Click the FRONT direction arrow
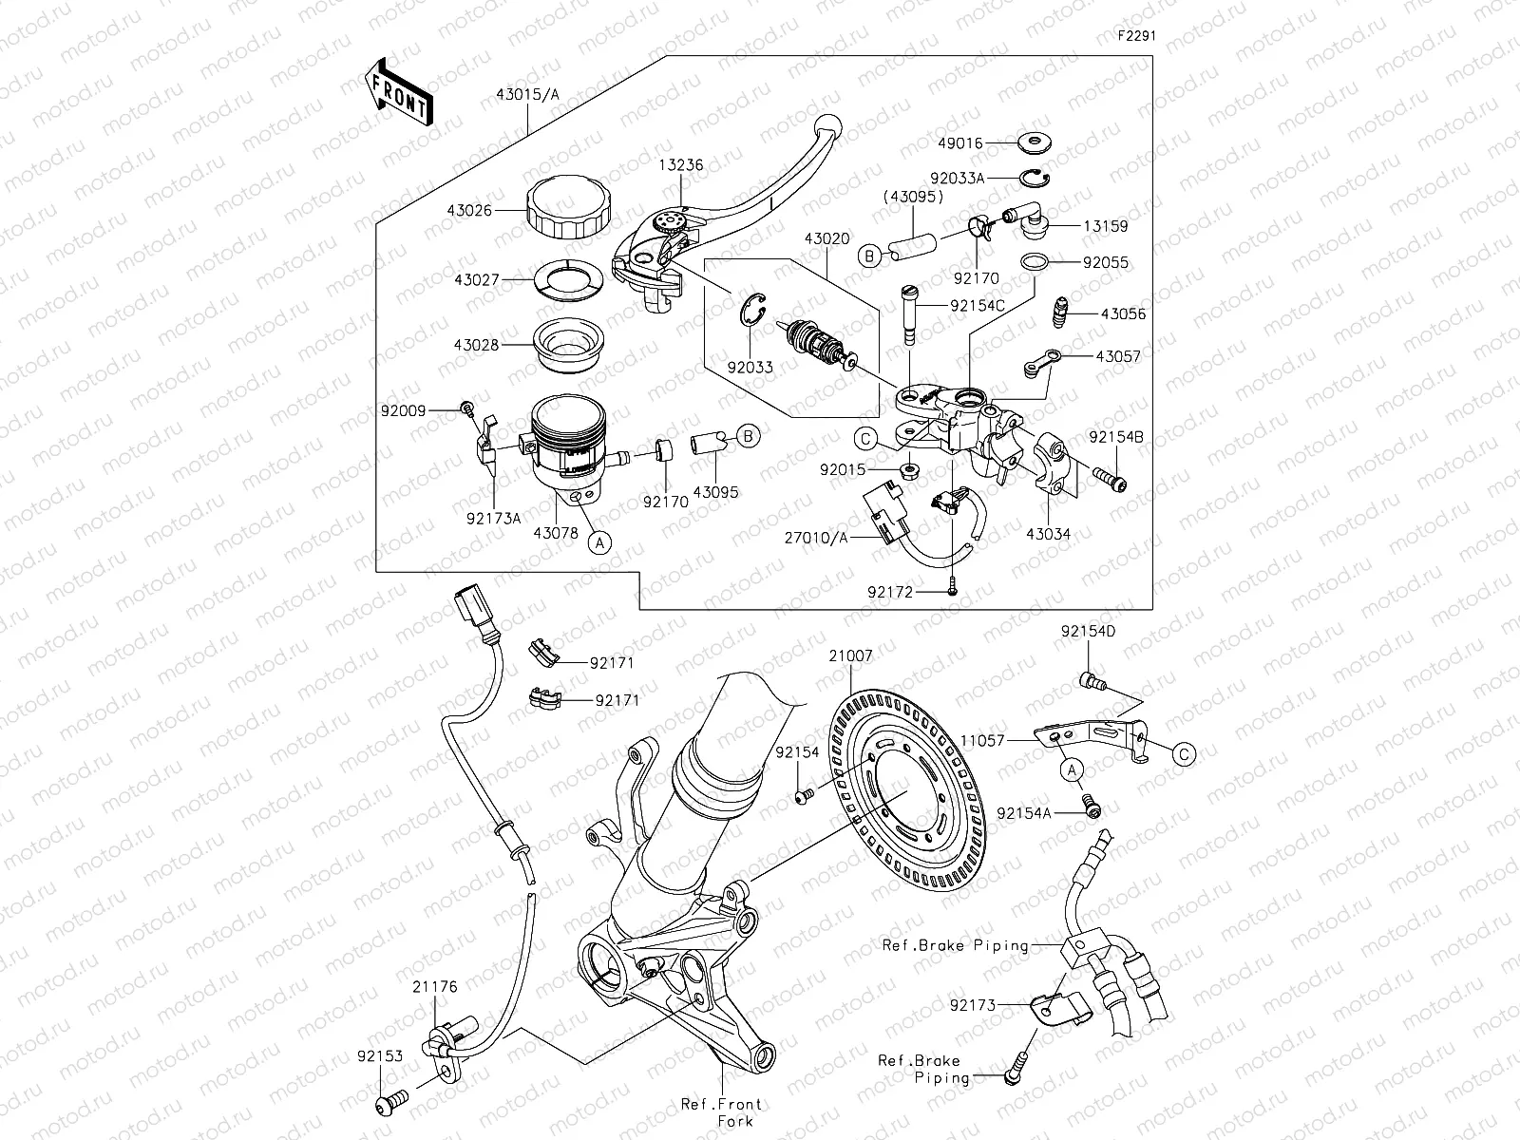[398, 91]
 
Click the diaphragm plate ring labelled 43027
[568, 279]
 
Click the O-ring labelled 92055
[1035, 261]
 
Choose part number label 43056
[1123, 313]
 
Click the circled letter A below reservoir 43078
[598, 542]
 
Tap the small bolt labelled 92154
[803, 794]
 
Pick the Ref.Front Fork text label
[721, 1112]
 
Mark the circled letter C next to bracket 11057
[1183, 754]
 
